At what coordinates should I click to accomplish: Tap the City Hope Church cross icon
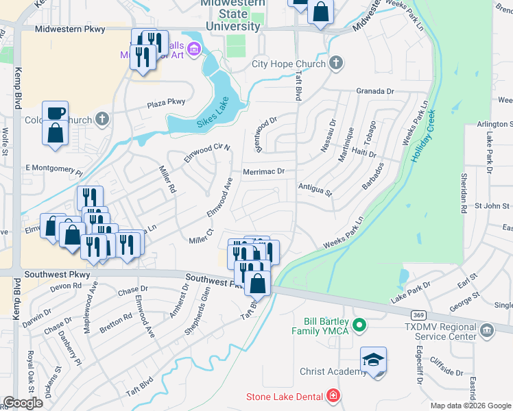pyautogui.click(x=335, y=64)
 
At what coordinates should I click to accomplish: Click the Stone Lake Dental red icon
pyautogui.click(x=333, y=396)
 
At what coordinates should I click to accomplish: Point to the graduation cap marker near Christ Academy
pyautogui.click(x=374, y=360)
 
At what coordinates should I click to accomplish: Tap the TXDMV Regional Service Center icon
pyautogui.click(x=487, y=331)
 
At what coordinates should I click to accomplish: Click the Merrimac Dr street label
pyautogui.click(x=263, y=172)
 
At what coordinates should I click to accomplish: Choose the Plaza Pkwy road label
pyautogui.click(x=166, y=103)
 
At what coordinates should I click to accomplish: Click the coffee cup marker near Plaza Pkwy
pyautogui.click(x=55, y=113)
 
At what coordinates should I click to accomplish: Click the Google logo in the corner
pyautogui.click(x=22, y=403)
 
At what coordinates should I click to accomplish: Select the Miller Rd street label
pyautogui.click(x=167, y=180)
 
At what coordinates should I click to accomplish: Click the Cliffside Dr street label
pyautogui.click(x=444, y=372)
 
